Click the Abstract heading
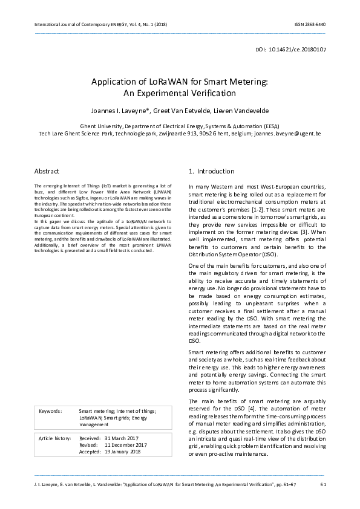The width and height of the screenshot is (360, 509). point(47,171)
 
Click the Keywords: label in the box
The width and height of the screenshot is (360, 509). point(50,410)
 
